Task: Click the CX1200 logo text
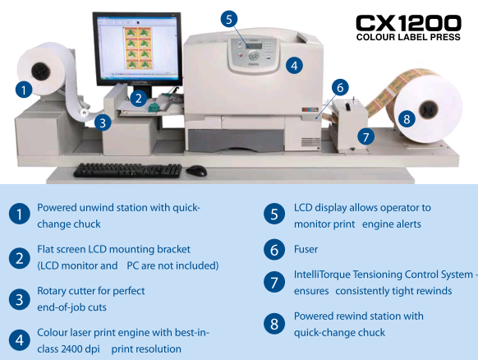click(x=408, y=23)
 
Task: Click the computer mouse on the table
click(x=196, y=170)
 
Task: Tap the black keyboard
click(x=128, y=170)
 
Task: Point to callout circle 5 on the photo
click(x=229, y=19)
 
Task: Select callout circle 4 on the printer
click(x=294, y=66)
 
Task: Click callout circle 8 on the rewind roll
click(x=407, y=119)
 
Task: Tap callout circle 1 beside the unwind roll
click(x=24, y=90)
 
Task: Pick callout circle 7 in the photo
click(x=365, y=136)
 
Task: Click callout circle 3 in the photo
click(x=103, y=122)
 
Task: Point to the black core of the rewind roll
click(x=428, y=109)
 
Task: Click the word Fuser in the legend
click(x=306, y=249)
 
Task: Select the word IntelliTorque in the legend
click(x=322, y=275)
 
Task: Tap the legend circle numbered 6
click(x=274, y=250)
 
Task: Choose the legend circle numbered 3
click(x=20, y=299)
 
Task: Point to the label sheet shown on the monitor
click(x=137, y=48)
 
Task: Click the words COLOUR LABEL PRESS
click(x=408, y=37)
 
